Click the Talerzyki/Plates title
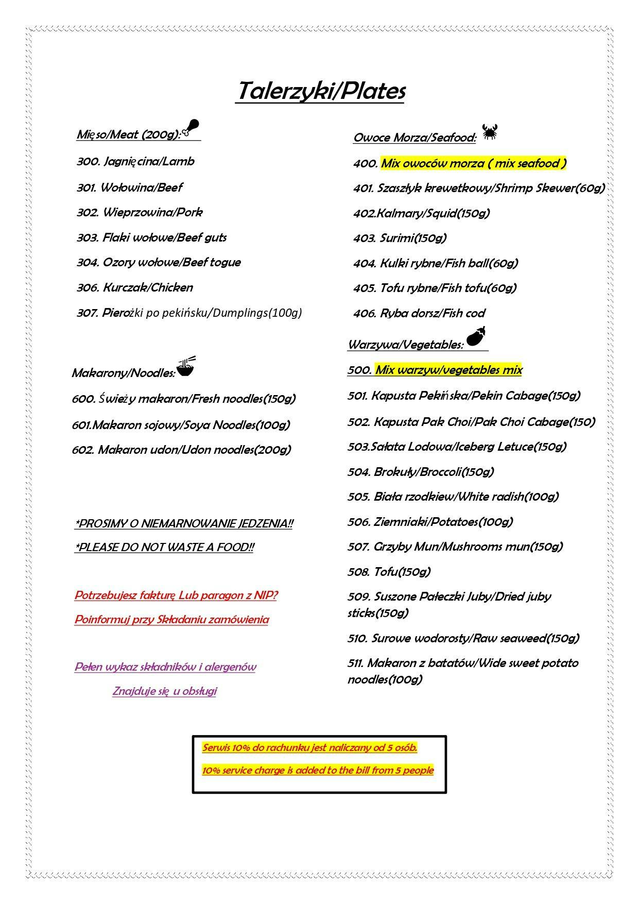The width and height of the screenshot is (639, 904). click(320, 92)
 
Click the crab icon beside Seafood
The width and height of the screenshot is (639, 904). click(490, 132)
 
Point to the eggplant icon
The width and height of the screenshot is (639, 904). click(477, 338)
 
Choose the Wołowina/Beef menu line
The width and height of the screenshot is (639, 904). click(130, 187)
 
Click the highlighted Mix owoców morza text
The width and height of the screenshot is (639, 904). click(473, 164)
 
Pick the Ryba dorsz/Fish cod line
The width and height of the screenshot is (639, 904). click(419, 313)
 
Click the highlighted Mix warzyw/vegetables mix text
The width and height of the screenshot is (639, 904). click(448, 370)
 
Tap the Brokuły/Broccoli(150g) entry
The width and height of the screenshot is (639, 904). click(421, 472)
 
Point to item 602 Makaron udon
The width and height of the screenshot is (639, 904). click(181, 450)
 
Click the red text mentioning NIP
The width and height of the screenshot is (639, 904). click(176, 595)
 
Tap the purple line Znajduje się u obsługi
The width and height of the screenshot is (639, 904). click(164, 691)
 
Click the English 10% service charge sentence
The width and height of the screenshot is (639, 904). click(318, 771)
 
